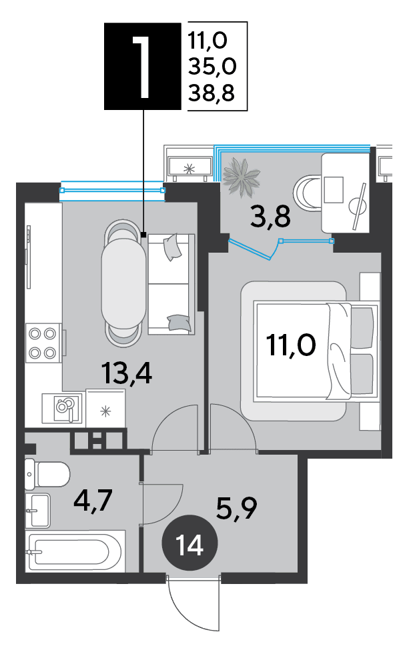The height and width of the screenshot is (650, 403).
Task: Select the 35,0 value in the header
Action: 212,66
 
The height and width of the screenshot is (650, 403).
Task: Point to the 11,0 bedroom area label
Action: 292,345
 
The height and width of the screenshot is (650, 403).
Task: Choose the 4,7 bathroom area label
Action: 93,501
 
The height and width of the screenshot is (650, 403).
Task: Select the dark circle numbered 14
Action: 190,545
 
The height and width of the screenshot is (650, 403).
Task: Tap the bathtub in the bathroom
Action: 75,552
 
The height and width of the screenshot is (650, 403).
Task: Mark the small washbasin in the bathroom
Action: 37,510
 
